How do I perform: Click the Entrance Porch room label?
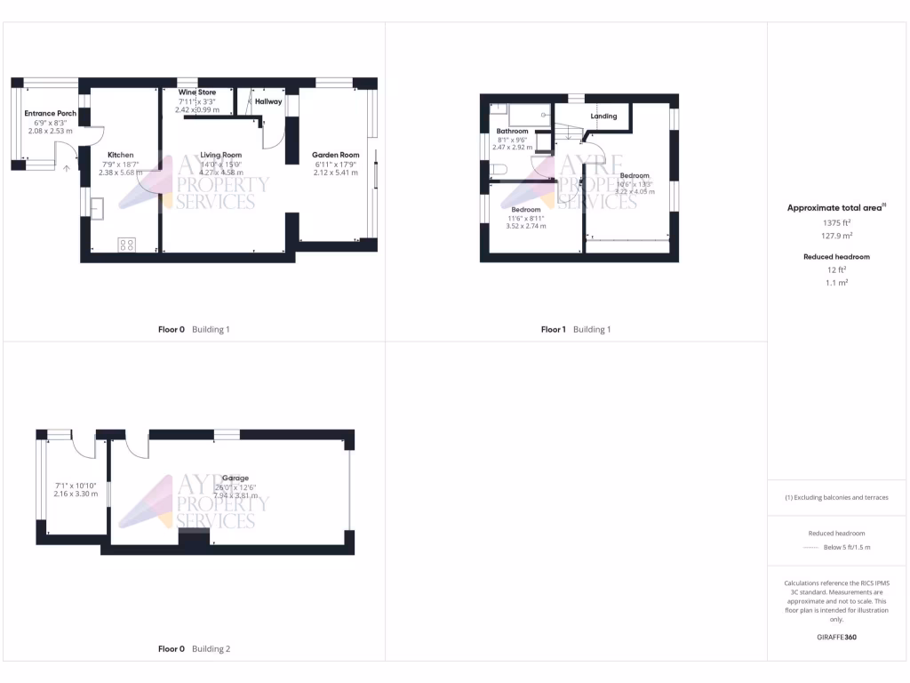(50, 114)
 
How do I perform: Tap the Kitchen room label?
(120, 155)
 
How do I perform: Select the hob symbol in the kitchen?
(126, 245)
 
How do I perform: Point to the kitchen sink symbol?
(97, 207)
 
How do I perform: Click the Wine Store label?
(197, 92)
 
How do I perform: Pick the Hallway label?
(268, 101)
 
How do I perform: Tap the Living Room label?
(220, 155)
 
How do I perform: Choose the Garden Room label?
(335, 155)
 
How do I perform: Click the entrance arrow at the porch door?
(67, 167)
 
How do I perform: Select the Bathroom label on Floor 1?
(512, 132)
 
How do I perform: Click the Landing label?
(603, 117)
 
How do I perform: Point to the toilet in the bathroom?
(499, 169)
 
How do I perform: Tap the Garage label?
(235, 478)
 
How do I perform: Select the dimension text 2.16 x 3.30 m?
(76, 494)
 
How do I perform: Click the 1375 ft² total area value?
(835, 222)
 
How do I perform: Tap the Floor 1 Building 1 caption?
(576, 330)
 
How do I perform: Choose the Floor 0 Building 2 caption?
(194, 649)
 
